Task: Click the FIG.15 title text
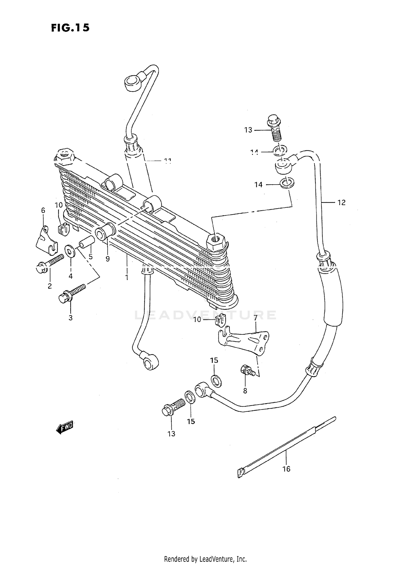click(70, 28)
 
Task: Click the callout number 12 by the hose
click(341, 203)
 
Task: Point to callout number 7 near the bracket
click(255, 318)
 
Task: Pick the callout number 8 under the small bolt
click(245, 391)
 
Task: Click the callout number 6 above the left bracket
click(43, 210)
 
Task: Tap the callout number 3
click(70, 318)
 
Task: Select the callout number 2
click(50, 286)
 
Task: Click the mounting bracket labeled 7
click(244, 341)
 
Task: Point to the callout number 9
click(108, 259)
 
